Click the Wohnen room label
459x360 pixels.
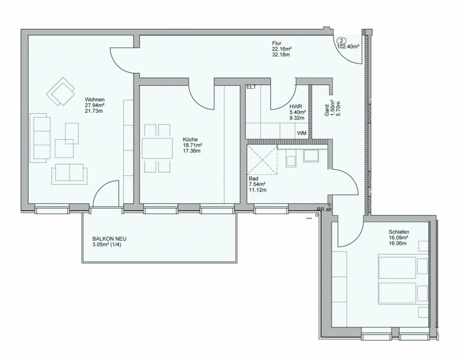pos(94,99)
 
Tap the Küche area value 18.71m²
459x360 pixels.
pos(193,145)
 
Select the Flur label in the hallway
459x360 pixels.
pos(276,43)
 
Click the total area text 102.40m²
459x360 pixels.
pos(348,46)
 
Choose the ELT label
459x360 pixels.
pos(251,87)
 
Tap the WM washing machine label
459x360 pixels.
pos(302,133)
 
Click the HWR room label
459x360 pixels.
pos(296,107)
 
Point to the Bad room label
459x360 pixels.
pos(253,178)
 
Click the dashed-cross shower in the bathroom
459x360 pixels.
pos(262,160)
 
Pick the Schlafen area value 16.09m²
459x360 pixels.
pos(399,238)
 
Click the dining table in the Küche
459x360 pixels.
pos(157,148)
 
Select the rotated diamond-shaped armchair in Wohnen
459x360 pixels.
pos(61,91)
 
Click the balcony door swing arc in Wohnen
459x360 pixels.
pos(103,187)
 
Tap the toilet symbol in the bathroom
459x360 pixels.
pos(291,161)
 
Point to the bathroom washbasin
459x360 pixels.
pos(311,156)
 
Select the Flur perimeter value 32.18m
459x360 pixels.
pos(281,55)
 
